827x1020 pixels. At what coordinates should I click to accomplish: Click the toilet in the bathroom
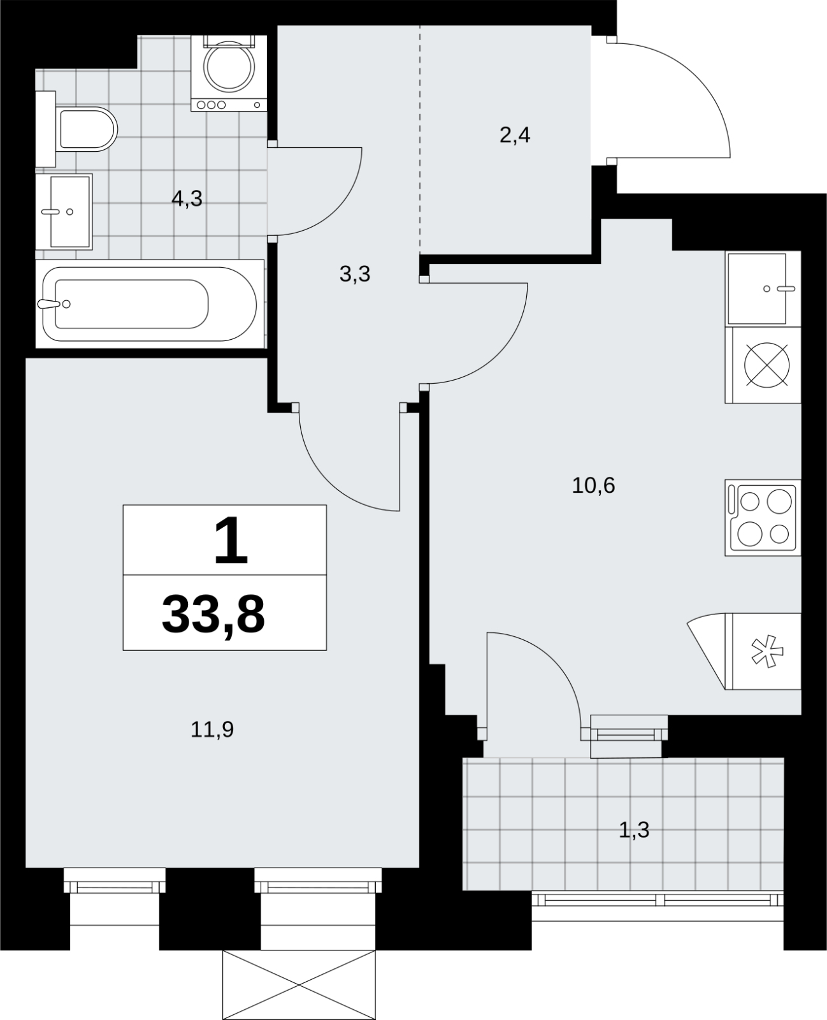pyautogui.click(x=76, y=129)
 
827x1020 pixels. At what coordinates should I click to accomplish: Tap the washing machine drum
pyautogui.click(x=229, y=66)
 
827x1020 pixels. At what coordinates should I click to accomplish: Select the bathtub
pyautogui.click(x=150, y=303)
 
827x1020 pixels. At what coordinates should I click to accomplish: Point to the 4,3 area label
pyautogui.click(x=187, y=198)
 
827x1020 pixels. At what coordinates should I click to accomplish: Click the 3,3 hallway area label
pyautogui.click(x=355, y=274)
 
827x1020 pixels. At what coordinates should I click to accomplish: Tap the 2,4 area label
pyautogui.click(x=515, y=135)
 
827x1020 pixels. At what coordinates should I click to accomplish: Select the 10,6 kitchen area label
pyautogui.click(x=593, y=486)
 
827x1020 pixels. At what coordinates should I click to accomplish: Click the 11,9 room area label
pyautogui.click(x=212, y=730)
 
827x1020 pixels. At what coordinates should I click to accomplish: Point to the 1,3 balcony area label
pyautogui.click(x=634, y=830)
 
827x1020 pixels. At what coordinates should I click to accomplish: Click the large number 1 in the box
pyautogui.click(x=231, y=541)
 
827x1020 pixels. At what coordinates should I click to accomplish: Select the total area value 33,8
pyautogui.click(x=213, y=615)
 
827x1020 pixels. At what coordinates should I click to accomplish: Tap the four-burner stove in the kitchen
pyautogui.click(x=763, y=517)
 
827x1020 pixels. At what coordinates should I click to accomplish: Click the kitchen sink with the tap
pyautogui.click(x=763, y=289)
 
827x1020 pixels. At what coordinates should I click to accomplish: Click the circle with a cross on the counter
pyautogui.click(x=766, y=365)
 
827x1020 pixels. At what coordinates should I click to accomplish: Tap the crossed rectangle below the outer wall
pyautogui.click(x=299, y=984)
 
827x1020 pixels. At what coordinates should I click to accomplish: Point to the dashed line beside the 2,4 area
pyautogui.click(x=421, y=140)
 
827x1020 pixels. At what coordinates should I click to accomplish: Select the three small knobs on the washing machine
pyautogui.click(x=211, y=105)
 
